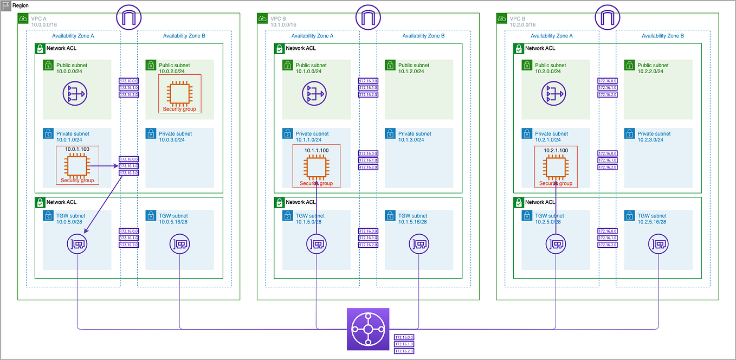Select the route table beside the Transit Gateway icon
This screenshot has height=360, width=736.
click(404, 344)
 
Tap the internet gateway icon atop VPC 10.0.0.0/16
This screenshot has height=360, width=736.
click(128, 18)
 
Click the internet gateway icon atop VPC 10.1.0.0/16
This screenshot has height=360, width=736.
click(368, 18)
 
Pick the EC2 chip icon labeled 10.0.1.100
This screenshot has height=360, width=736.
click(77, 166)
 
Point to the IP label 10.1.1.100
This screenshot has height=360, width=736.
click(316, 150)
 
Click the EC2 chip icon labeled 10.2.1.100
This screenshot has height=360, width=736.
click(556, 166)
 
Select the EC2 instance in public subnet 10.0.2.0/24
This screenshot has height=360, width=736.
click(179, 93)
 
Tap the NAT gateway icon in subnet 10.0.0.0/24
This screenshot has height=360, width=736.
click(77, 93)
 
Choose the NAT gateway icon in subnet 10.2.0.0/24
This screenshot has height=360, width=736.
click(556, 93)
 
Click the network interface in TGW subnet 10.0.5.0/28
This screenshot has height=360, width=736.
click(77, 245)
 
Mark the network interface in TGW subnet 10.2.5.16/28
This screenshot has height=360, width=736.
click(658, 245)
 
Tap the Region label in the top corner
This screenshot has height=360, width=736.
click(21, 5)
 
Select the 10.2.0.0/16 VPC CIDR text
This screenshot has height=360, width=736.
click(517, 25)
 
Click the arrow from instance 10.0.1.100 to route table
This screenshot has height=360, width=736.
click(104, 166)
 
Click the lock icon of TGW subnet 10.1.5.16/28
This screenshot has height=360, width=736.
click(390, 216)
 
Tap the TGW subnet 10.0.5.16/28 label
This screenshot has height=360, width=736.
click(173, 219)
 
